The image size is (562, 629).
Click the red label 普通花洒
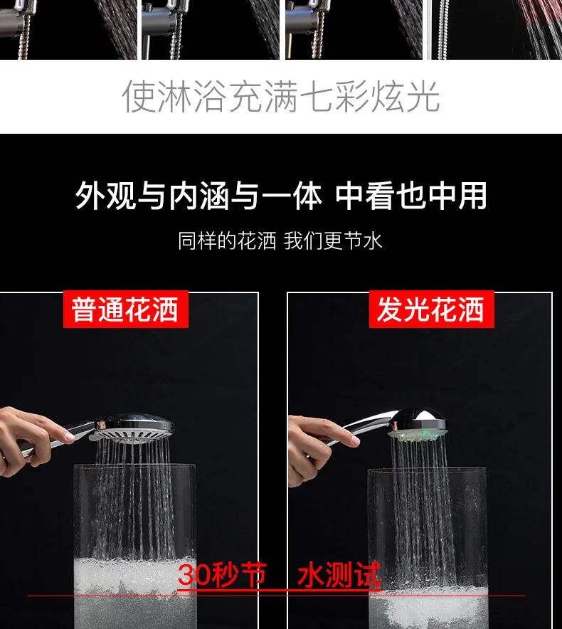point(125,310)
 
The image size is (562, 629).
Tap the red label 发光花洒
point(431,310)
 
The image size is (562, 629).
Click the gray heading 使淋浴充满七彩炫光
point(281,96)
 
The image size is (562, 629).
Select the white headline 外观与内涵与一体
point(198,196)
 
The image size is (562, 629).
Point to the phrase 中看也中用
point(411,196)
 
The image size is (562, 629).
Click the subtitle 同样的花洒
point(227,241)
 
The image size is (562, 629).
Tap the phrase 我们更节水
point(333,241)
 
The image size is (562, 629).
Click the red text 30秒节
point(222,574)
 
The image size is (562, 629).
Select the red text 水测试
point(339,574)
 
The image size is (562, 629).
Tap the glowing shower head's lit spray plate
point(417,433)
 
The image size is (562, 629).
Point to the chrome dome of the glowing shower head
point(419,418)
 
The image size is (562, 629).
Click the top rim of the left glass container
point(134,465)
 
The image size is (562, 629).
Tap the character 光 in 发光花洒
point(417,310)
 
